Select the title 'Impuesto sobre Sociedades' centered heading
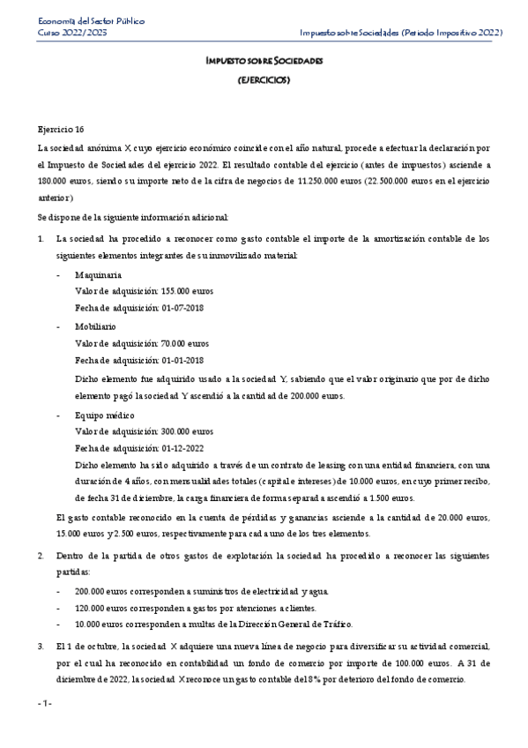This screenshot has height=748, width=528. [x=264, y=62]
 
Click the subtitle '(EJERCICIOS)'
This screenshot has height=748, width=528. [x=264, y=79]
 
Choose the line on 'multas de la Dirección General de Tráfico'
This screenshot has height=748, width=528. [x=213, y=624]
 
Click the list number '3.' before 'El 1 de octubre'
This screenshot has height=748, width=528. [x=41, y=647]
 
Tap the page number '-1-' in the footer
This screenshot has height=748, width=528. [x=45, y=703]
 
